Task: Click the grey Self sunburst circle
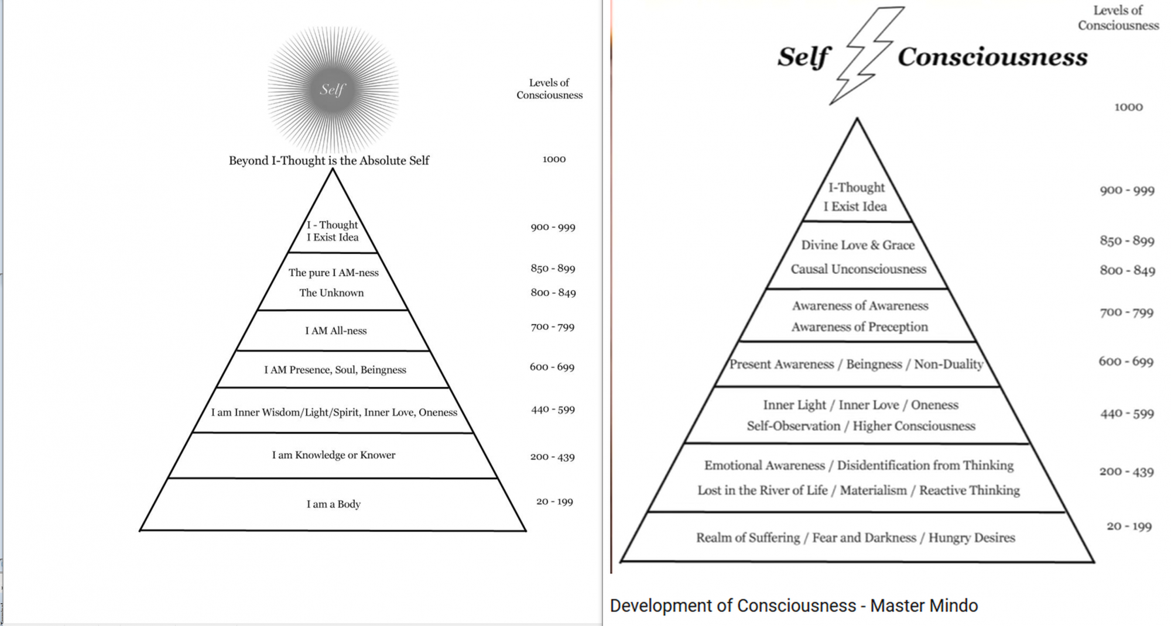pos(333,90)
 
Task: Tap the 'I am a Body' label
pos(334,504)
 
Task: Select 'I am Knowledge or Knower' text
pos(334,455)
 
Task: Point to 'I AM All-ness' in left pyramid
pos(335,331)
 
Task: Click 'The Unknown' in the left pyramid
pos(331,293)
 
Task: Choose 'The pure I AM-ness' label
pos(334,273)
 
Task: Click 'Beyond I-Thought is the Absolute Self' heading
pos(329,160)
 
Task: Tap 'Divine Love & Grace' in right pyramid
pos(858,245)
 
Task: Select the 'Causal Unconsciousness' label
pos(858,269)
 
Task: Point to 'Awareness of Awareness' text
pos(860,306)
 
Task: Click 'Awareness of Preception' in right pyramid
pos(860,327)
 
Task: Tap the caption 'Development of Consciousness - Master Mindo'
pos(794,606)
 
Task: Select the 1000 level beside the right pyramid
pos(1128,107)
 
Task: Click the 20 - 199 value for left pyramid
pos(554,502)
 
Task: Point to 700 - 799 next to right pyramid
pos(1127,312)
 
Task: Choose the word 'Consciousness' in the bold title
pos(992,57)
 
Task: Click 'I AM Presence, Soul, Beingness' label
pos(335,370)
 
